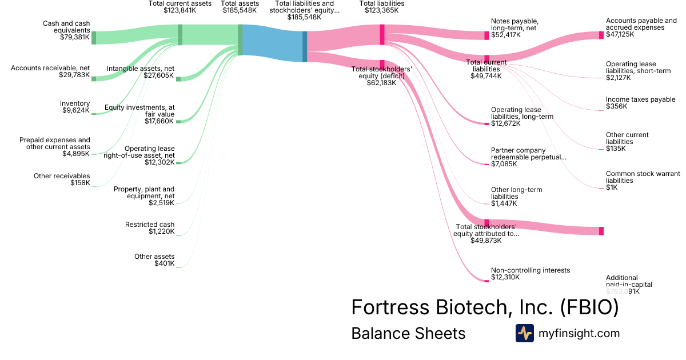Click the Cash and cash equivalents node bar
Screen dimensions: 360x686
pyautogui.click(x=94, y=38)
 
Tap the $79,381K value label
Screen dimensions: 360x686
pyautogui.click(x=75, y=37)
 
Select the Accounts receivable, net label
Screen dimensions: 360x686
pyautogui.click(x=50, y=68)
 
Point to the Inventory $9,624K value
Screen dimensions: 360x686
pyautogui.click(x=76, y=110)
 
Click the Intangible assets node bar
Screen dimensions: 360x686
pyautogui.click(x=178, y=79)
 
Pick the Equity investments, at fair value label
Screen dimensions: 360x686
pyautogui.click(x=139, y=111)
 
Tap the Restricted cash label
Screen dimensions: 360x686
pyautogui.click(x=150, y=225)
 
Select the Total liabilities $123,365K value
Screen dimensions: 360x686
pyautogui.click(x=381, y=10)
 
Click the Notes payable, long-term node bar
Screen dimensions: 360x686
pyautogui.click(x=486, y=35)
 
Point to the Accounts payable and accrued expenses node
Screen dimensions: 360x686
pyautogui.click(x=601, y=35)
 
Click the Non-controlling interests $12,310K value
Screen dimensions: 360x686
pyautogui.click(x=505, y=277)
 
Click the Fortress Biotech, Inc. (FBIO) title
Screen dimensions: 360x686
pyautogui.click(x=485, y=307)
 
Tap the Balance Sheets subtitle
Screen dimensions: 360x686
pyautogui.click(x=408, y=333)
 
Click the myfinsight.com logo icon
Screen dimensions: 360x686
pyautogui.click(x=524, y=333)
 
